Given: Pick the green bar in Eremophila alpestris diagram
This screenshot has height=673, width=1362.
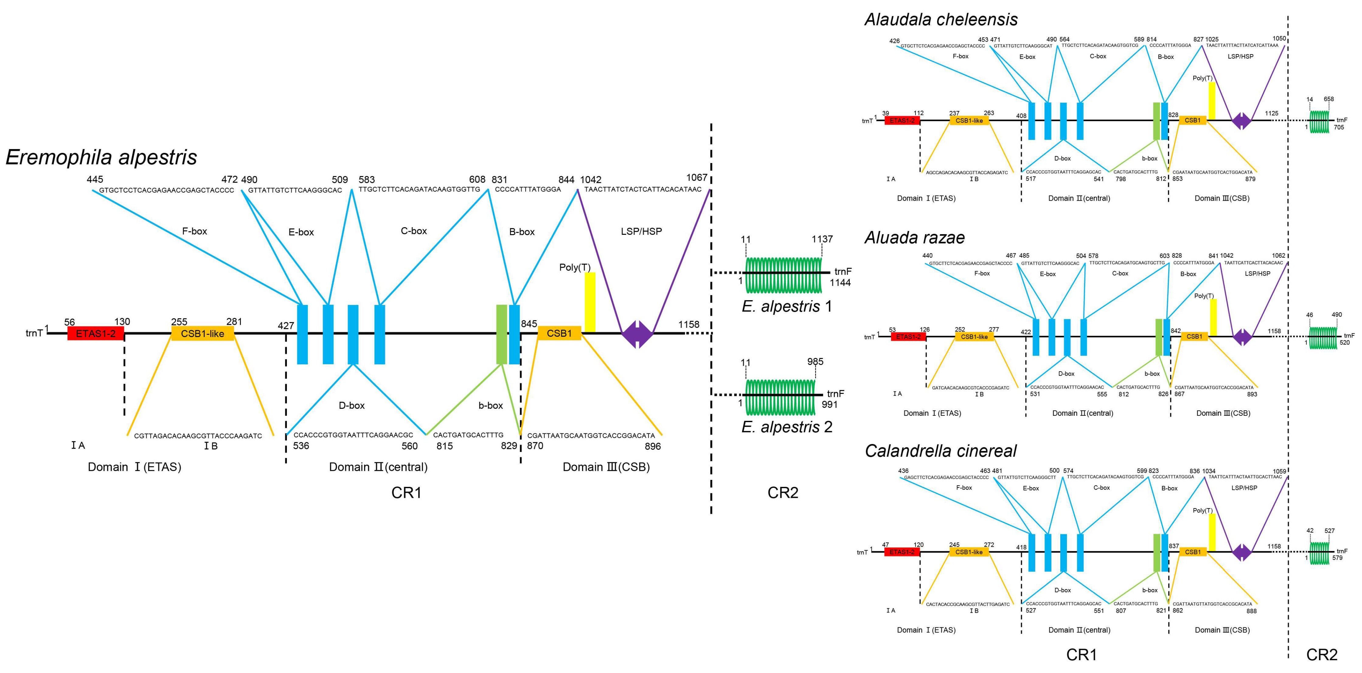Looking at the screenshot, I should pyautogui.click(x=501, y=334).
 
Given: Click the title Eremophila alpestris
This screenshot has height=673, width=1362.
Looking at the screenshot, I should pyautogui.click(x=101, y=157).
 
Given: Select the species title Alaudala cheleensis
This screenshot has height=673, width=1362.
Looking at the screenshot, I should pyautogui.click(x=941, y=19).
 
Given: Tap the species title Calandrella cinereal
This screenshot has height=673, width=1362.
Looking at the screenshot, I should pyautogui.click(x=941, y=451).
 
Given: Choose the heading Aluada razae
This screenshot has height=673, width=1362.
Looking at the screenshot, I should pyautogui.click(x=914, y=238).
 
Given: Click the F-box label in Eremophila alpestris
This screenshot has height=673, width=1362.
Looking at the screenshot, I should pyautogui.click(x=195, y=231).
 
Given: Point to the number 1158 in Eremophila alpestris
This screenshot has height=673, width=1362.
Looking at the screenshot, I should pyautogui.click(x=688, y=324).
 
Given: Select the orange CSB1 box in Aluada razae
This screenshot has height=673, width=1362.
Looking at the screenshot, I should pyautogui.click(x=1194, y=336).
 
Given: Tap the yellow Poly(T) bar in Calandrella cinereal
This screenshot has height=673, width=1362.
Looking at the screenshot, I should pyautogui.click(x=1212, y=533).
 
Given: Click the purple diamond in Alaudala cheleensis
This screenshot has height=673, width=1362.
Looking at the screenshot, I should pyautogui.click(x=1242, y=121).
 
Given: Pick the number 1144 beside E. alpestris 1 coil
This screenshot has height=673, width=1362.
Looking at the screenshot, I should pyautogui.click(x=840, y=283).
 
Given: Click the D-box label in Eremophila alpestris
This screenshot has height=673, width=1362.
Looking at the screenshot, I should pyautogui.click(x=352, y=405).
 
